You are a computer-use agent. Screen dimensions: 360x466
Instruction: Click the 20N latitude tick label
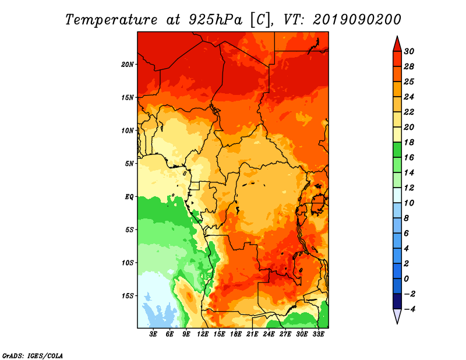point(128,64)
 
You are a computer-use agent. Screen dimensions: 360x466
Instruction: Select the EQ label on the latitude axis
point(129,197)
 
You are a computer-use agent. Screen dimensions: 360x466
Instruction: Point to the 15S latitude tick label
point(128,296)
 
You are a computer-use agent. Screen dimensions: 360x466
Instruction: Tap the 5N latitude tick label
point(129,164)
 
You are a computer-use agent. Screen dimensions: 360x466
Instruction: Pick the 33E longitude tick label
point(318,334)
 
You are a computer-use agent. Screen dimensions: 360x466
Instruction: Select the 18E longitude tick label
point(236,334)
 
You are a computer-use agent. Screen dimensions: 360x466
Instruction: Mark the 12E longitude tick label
point(203,334)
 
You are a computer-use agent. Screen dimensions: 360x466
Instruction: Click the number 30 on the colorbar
point(416,51)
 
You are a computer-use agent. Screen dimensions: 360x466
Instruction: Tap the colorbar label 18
point(416,142)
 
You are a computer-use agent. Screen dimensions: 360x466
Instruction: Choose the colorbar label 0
point(414,278)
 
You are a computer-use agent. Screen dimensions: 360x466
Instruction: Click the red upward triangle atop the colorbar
point(397,44)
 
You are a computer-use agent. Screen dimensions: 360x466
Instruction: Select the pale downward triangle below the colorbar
point(397,316)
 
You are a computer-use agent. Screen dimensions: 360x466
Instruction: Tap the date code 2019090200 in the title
point(356,19)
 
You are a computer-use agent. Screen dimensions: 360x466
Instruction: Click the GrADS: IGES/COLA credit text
point(33,355)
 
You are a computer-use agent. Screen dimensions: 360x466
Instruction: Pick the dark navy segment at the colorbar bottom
point(397,301)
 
